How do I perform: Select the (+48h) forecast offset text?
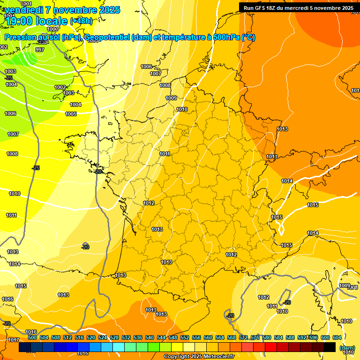[81, 21]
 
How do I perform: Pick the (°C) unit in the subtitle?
[248, 37]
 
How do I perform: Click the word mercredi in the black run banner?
[303, 8]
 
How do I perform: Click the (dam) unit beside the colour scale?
[347, 347]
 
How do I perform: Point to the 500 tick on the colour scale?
[32, 337]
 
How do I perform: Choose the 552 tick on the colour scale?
[185, 337]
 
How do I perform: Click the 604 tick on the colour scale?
[337, 337]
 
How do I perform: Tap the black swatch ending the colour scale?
[330, 347]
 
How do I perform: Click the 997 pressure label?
[40, 50]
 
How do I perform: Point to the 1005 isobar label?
[71, 114]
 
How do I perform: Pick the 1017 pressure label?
[14, 340]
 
